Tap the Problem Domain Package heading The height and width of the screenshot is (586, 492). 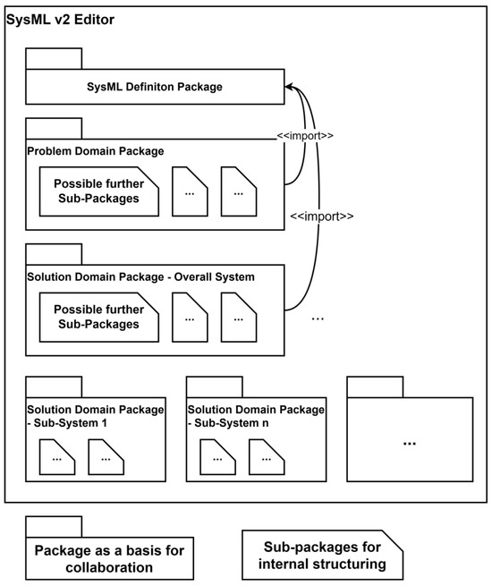[95, 151]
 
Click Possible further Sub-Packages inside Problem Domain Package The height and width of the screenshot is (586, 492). [96, 191]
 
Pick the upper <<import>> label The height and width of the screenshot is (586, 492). [306, 137]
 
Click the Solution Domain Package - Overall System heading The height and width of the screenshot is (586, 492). [140, 277]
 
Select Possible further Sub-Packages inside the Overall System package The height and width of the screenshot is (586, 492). [96, 317]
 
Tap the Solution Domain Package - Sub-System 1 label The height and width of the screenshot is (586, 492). [95, 415]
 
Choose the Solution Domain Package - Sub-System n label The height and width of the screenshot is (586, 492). [256, 415]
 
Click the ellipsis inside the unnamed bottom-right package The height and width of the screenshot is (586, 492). [410, 443]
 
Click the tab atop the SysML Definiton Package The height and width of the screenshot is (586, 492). [54, 59]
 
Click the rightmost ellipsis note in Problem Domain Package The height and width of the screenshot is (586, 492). [239, 191]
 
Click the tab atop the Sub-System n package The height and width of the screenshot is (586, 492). [214, 386]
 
